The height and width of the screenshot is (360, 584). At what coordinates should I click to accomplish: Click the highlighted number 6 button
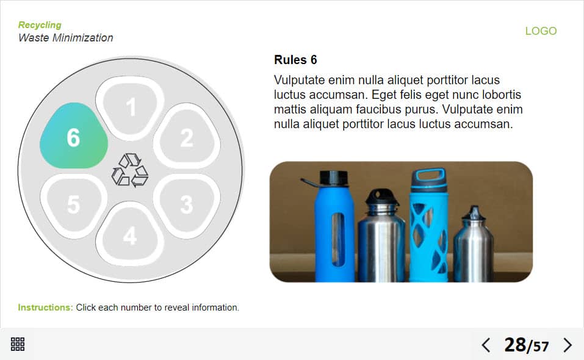tap(74, 136)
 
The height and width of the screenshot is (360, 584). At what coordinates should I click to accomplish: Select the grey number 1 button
tap(130, 108)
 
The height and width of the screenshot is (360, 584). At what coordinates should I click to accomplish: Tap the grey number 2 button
tap(187, 137)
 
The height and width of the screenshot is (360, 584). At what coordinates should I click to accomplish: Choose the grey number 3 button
tap(187, 205)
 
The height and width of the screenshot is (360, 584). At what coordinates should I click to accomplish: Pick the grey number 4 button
tap(130, 234)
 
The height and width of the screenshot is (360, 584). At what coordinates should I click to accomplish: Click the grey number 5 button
tap(74, 205)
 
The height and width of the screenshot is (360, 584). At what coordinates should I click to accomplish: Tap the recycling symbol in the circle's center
tap(130, 170)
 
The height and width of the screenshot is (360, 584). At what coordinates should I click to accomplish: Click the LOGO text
tap(541, 31)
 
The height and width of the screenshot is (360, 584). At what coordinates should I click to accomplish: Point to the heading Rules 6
tap(295, 60)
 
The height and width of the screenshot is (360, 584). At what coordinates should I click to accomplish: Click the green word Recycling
tap(40, 25)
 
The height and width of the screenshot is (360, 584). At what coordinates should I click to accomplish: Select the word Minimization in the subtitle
tap(82, 38)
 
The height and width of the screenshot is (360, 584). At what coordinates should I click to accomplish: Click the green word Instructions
tap(45, 308)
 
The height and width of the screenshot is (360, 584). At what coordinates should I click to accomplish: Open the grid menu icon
tap(18, 344)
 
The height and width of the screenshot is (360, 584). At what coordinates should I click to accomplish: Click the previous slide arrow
tap(486, 345)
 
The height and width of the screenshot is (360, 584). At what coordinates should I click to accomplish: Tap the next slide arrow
tap(568, 345)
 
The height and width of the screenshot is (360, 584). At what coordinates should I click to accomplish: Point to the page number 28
tap(514, 345)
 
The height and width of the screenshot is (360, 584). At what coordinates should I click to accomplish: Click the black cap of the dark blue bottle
tap(334, 179)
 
